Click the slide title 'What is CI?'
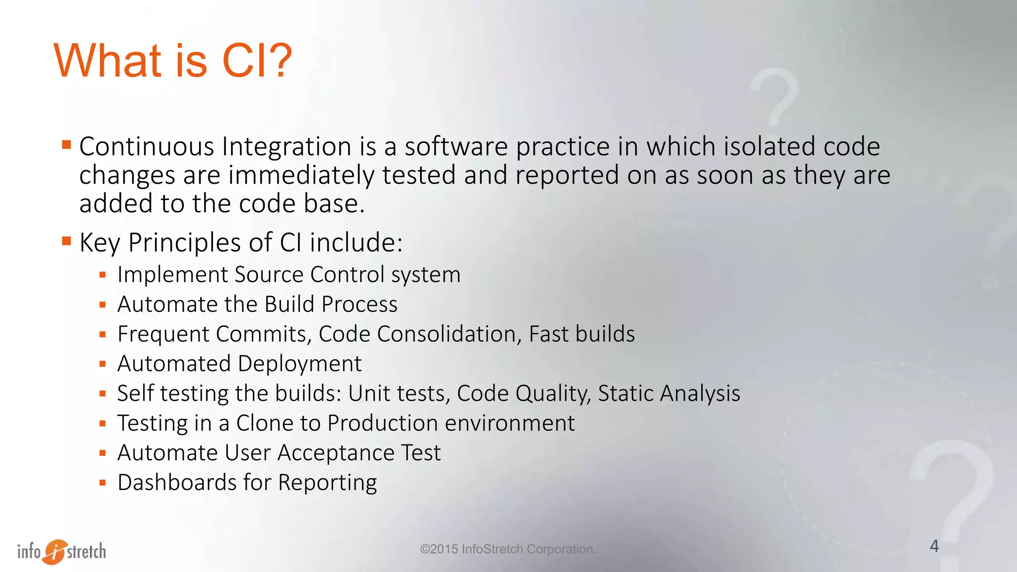click(173, 61)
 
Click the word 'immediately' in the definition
click(301, 176)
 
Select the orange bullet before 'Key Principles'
click(67, 241)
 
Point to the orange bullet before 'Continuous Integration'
click(67, 145)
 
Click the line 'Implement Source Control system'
click(289, 275)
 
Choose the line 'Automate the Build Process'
click(257, 304)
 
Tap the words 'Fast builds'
click(581, 334)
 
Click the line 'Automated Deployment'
click(239, 363)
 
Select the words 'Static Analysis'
click(668, 393)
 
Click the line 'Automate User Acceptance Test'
click(279, 453)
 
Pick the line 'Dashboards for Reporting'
click(247, 483)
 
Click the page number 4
click(934, 546)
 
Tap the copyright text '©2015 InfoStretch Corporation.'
click(508, 549)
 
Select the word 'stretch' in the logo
click(86, 551)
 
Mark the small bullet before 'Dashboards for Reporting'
click(103, 482)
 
